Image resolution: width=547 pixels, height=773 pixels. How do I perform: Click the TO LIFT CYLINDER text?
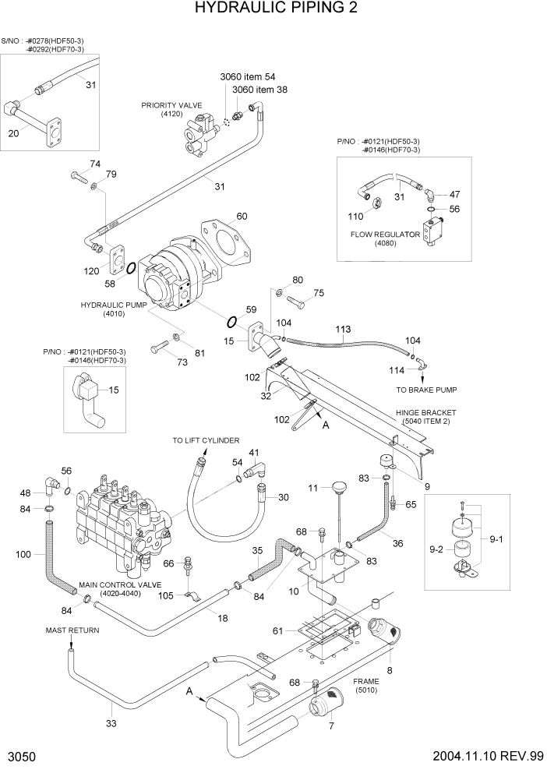[x=206, y=441]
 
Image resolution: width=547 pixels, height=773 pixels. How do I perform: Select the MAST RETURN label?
[x=72, y=630]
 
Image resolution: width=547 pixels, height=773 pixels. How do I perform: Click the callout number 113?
[x=343, y=330]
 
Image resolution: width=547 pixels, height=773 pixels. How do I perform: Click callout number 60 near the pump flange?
[x=242, y=216]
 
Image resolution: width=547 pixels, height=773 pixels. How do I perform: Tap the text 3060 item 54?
[x=248, y=76]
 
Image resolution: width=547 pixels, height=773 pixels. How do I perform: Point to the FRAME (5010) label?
[x=365, y=685]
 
